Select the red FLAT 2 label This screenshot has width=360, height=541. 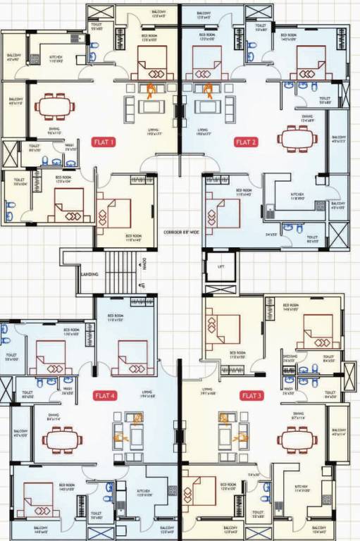point(246,142)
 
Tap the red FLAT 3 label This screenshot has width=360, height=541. point(252,396)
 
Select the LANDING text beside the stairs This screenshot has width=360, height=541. point(89,275)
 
